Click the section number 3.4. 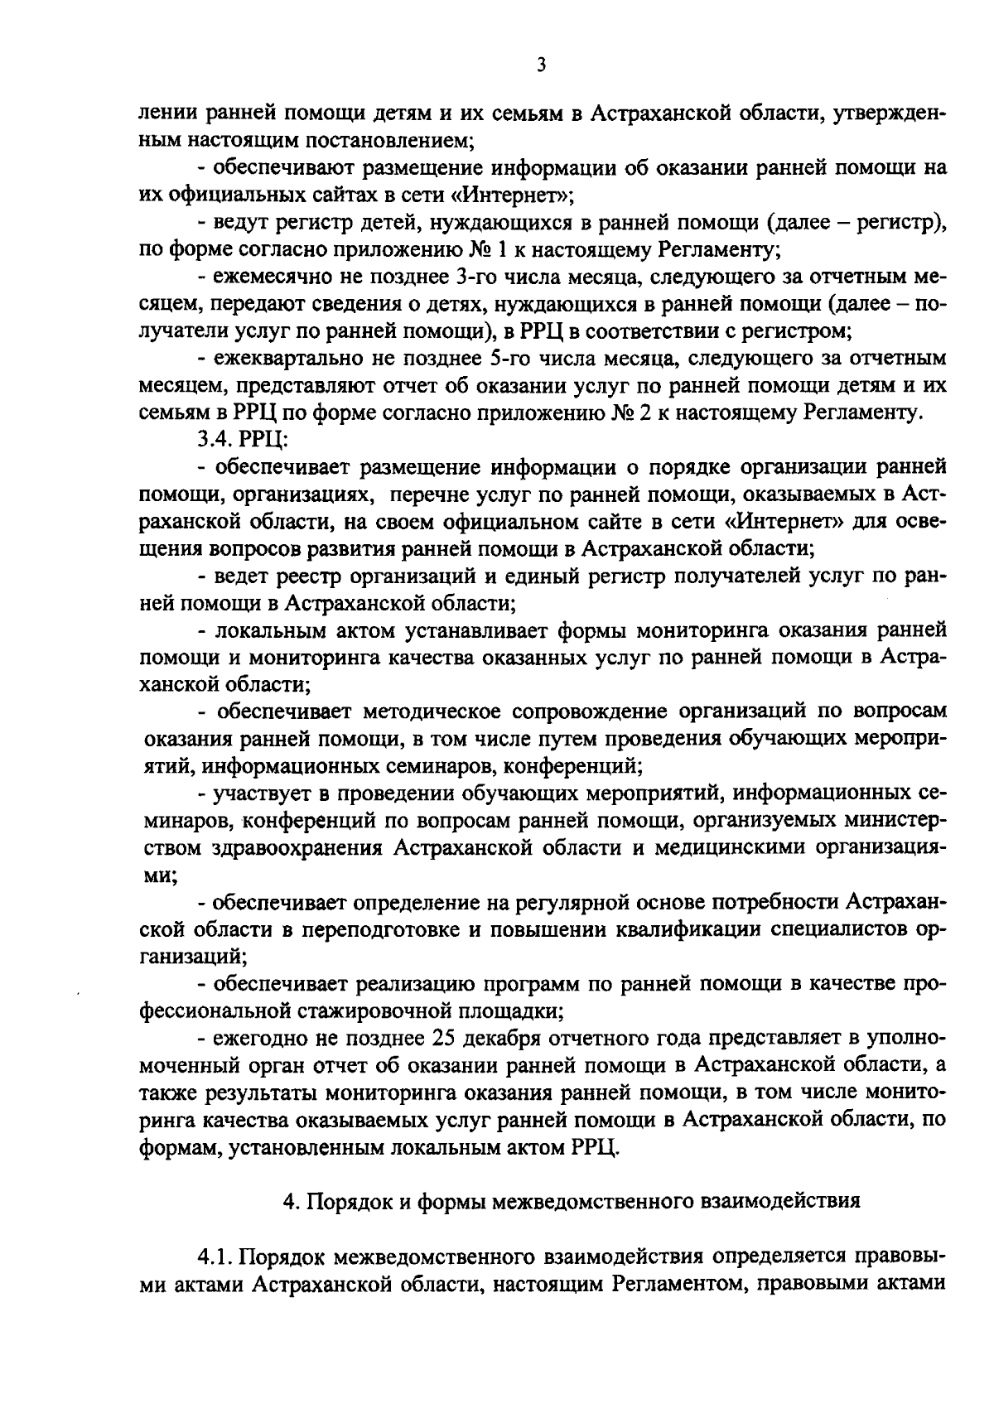(211, 441)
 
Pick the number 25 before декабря (445, 1039)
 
